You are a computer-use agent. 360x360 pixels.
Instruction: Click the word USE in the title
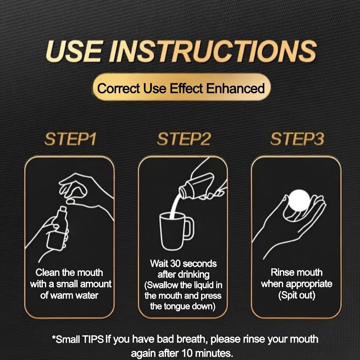(x=73, y=51)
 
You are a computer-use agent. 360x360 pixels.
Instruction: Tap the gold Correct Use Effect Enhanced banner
(x=182, y=87)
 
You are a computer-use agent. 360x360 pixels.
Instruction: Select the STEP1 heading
(x=70, y=139)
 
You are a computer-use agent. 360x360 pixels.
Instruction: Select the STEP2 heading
(x=184, y=139)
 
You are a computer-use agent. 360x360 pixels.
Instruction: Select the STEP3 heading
(x=297, y=139)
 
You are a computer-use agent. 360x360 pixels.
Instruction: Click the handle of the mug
(x=189, y=229)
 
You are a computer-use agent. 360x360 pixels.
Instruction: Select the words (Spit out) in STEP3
(x=297, y=295)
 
